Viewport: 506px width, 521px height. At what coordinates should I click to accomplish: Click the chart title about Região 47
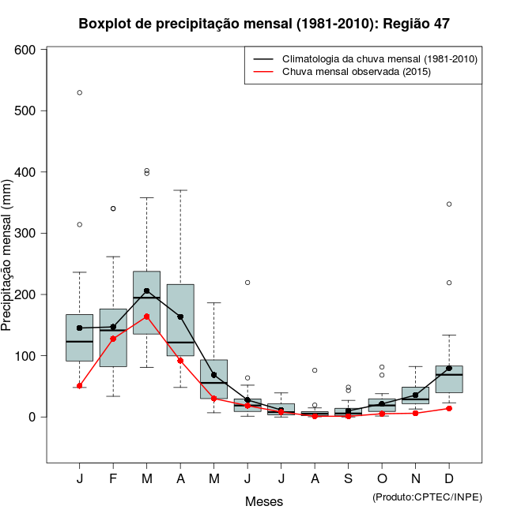[x=264, y=24]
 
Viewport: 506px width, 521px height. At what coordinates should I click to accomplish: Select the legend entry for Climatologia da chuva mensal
[x=379, y=59]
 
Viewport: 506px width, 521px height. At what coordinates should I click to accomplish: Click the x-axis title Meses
[x=264, y=501]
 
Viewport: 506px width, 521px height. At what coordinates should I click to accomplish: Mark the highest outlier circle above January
[x=80, y=92]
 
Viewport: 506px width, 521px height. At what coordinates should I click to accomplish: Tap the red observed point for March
[x=146, y=317]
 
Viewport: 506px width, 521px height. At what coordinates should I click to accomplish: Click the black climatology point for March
[x=146, y=290]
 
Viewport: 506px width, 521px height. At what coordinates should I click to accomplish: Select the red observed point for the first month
[x=80, y=386]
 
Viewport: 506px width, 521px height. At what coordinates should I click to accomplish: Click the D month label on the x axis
[x=449, y=479]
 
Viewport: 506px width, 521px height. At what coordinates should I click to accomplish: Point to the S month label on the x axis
[x=349, y=479]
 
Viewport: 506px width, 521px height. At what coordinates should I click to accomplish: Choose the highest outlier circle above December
[x=449, y=204]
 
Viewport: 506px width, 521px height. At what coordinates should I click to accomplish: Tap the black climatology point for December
[x=449, y=368]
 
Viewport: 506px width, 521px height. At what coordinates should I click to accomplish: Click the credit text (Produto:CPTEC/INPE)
[x=427, y=497]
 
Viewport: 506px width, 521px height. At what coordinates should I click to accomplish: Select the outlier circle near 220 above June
[x=247, y=282]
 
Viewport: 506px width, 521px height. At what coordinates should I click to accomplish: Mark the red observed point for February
[x=113, y=339]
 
